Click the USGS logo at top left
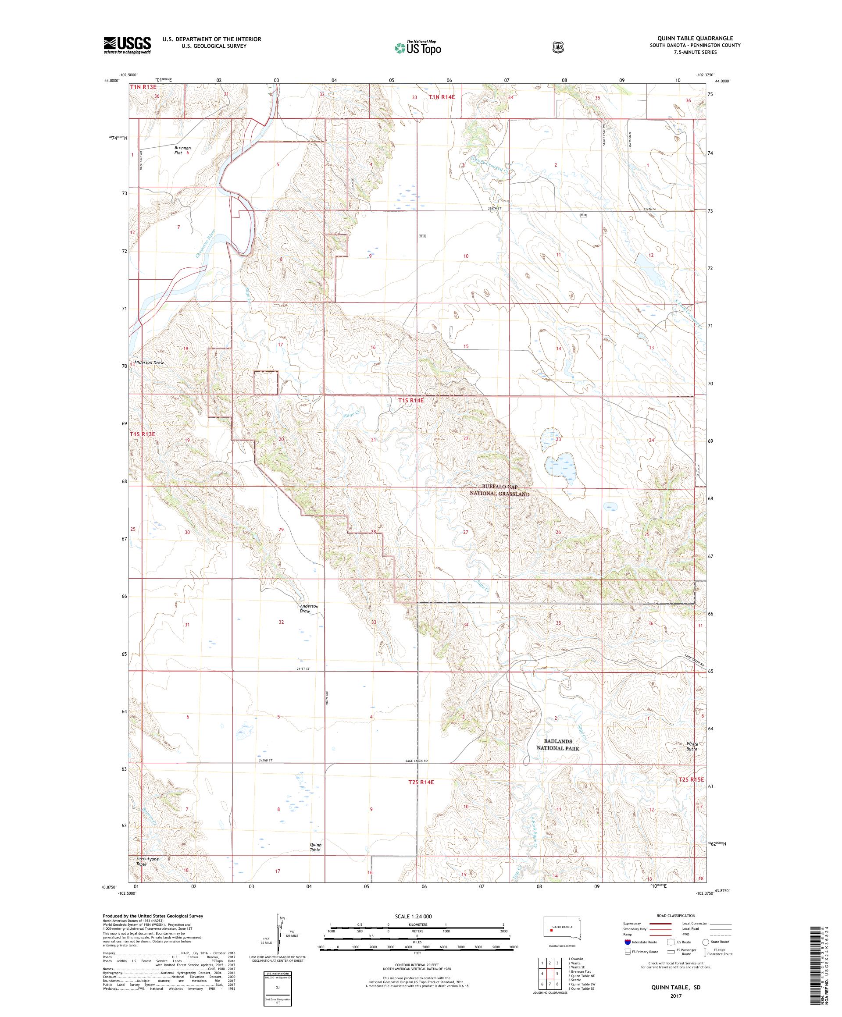click(127, 46)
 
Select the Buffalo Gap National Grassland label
click(499, 490)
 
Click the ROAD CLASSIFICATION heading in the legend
click(675, 915)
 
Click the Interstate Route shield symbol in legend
click(628, 942)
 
